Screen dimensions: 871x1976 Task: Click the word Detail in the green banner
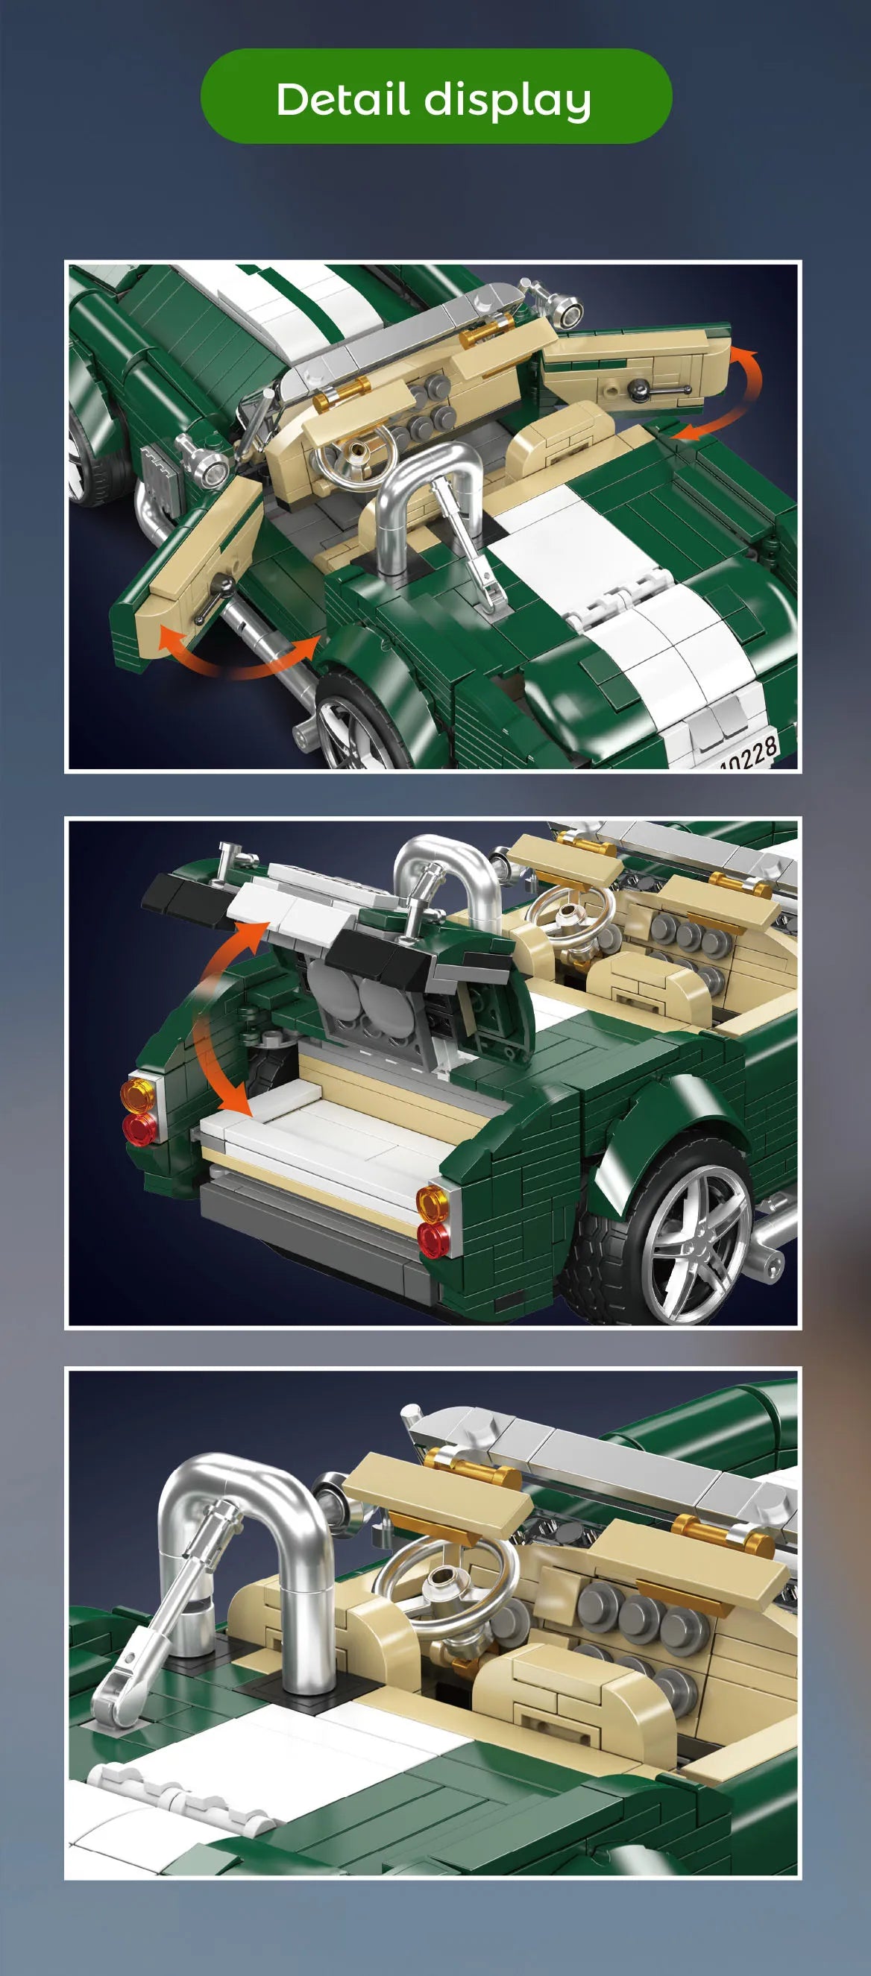pyautogui.click(x=342, y=99)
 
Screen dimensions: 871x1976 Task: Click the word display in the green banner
pyautogui.click(x=507, y=102)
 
